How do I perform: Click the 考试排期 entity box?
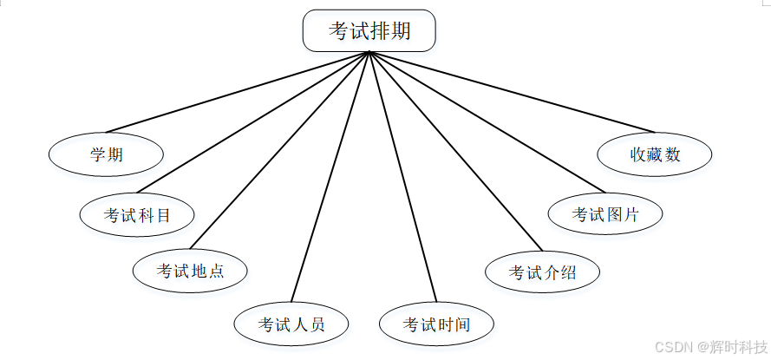[x=369, y=30]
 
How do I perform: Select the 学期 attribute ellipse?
[x=106, y=155]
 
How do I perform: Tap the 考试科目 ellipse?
[x=137, y=214]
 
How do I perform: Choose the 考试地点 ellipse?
[x=190, y=270]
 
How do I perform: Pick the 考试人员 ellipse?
[x=291, y=324]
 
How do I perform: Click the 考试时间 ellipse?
[x=436, y=324]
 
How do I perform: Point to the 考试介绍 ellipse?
[x=542, y=272]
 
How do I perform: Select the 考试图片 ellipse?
[x=605, y=214]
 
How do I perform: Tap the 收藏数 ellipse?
[x=655, y=155]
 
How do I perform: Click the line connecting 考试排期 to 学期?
[x=238, y=92]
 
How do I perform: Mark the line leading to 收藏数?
[x=512, y=91]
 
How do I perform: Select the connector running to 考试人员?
[x=330, y=177]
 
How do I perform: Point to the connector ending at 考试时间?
[x=402, y=177]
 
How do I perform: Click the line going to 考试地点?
[x=280, y=150]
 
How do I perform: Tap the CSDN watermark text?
[x=671, y=347]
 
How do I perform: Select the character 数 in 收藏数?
[x=673, y=155]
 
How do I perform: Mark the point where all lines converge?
[x=369, y=52]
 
